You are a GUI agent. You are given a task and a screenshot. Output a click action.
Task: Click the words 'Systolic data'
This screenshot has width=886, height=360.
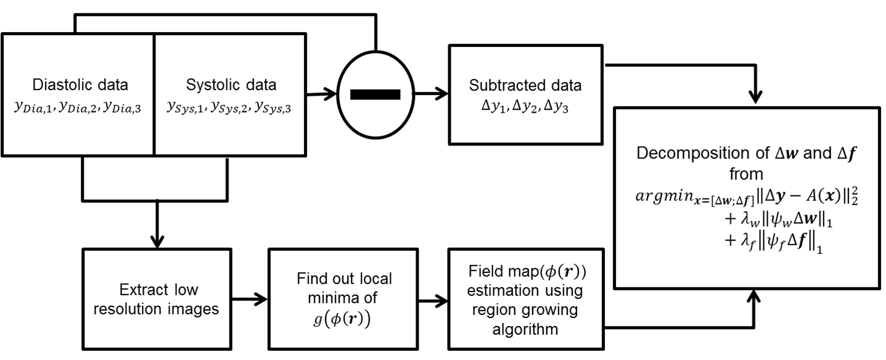coord(229,85)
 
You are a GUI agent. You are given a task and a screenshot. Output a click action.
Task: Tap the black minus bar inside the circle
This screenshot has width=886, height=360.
coord(375,94)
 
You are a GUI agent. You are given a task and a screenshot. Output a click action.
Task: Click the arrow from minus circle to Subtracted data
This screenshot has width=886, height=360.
coord(432,94)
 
